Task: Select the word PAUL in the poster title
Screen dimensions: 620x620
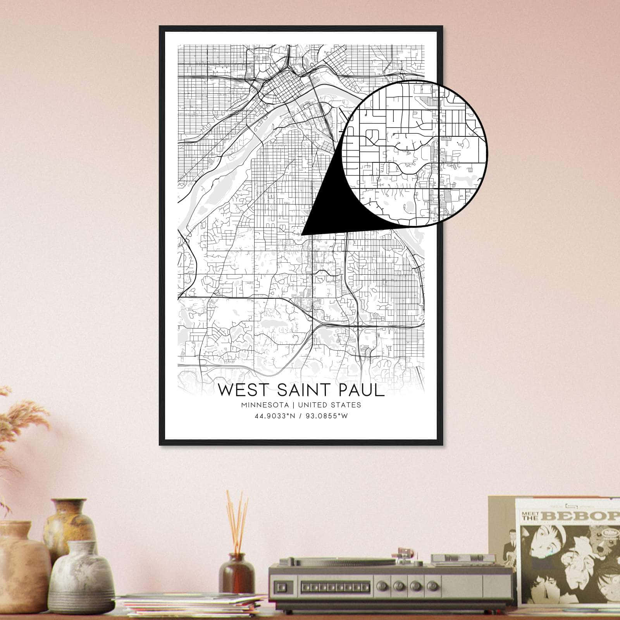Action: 360,390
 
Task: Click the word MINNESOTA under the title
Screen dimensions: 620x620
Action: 265,405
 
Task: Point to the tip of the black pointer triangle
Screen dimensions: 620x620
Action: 302,234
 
